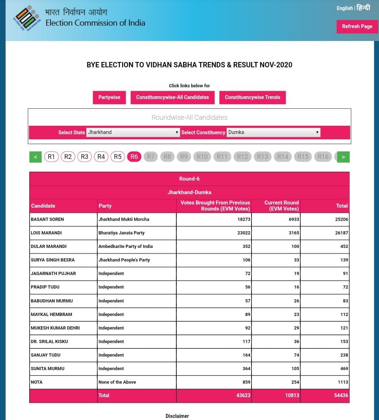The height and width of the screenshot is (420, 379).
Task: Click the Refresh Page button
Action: coord(357,26)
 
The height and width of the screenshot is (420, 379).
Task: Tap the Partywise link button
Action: coord(109,97)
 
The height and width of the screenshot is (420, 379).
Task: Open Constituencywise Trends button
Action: coord(252,97)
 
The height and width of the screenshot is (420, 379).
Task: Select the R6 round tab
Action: coord(134,157)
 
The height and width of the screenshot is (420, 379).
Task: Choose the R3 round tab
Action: coord(84,157)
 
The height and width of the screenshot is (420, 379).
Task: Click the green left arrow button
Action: coord(35,157)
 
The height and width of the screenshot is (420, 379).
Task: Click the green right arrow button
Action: coord(343,157)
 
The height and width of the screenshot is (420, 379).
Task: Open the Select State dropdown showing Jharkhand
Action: coord(133,132)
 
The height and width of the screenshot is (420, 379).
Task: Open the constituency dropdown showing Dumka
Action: coord(273,132)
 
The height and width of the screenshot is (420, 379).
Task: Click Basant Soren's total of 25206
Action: coord(342,219)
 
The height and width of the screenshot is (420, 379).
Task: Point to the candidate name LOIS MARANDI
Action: coord(46,233)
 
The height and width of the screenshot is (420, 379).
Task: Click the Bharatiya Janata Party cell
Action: coord(121,233)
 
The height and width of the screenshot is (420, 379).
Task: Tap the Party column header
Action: coord(105,206)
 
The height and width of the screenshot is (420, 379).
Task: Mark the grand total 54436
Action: coord(341,395)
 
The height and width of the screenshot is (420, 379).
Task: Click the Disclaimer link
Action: coord(177,416)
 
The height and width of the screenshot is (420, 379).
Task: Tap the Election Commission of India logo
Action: coord(27,19)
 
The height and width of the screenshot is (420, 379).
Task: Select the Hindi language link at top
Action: coord(363,8)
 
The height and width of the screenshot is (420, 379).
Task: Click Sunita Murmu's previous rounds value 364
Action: coord(246,369)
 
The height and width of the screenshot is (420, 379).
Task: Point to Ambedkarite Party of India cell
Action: coord(125,247)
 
